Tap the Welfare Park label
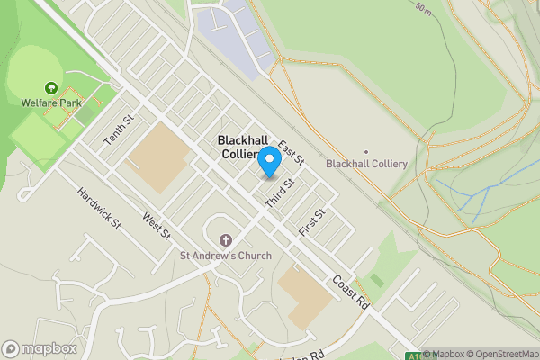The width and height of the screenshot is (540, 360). pyautogui.click(x=48, y=103)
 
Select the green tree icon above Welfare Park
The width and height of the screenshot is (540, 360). pyautogui.click(x=49, y=89)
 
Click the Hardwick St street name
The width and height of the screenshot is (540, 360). pyautogui.click(x=98, y=207)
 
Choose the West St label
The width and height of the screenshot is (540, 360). pyautogui.click(x=156, y=226)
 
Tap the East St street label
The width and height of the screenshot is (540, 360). pyautogui.click(x=292, y=152)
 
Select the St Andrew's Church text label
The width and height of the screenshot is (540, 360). pyautogui.click(x=226, y=256)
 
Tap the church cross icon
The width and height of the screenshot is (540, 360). pyautogui.click(x=225, y=240)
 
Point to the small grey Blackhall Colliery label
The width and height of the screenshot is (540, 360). pyautogui.click(x=366, y=164)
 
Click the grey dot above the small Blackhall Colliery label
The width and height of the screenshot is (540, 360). pyautogui.click(x=365, y=151)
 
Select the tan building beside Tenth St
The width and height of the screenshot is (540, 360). pyautogui.click(x=158, y=158)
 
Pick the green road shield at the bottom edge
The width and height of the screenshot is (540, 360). pyautogui.click(x=412, y=355)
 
